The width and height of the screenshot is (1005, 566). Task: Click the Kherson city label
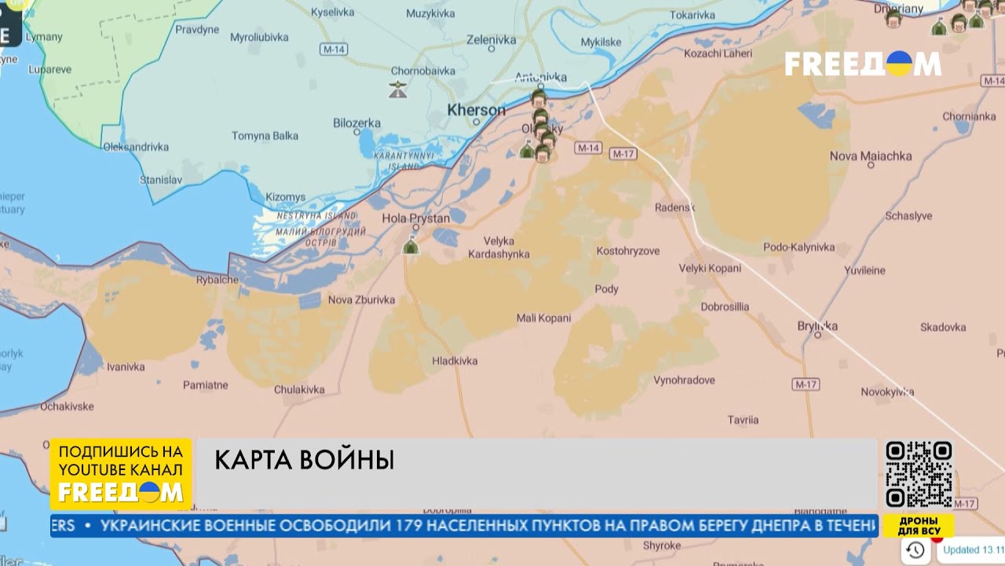tap(476, 111)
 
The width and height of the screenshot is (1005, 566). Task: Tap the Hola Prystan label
tap(415, 219)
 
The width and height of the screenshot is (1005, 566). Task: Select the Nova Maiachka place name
tap(870, 156)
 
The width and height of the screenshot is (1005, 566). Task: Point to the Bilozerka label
tap(356, 123)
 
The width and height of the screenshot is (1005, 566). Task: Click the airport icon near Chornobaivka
tap(398, 89)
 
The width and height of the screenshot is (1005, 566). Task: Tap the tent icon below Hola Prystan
tap(410, 247)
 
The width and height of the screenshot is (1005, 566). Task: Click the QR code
tap(919, 474)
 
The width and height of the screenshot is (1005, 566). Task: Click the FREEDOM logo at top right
tap(862, 64)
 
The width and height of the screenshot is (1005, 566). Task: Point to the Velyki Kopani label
tap(710, 268)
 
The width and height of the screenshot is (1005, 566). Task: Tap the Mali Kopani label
tap(543, 318)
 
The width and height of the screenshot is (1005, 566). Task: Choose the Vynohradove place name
tap(684, 380)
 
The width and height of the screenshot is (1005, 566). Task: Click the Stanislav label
tap(160, 180)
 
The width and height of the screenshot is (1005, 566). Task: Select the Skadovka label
tap(943, 327)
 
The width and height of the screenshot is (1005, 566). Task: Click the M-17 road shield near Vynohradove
tap(806, 384)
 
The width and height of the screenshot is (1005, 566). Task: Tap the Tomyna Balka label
tap(265, 136)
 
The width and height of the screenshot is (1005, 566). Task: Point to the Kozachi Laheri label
tap(718, 53)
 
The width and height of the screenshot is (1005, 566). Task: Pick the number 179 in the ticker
tap(418, 525)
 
